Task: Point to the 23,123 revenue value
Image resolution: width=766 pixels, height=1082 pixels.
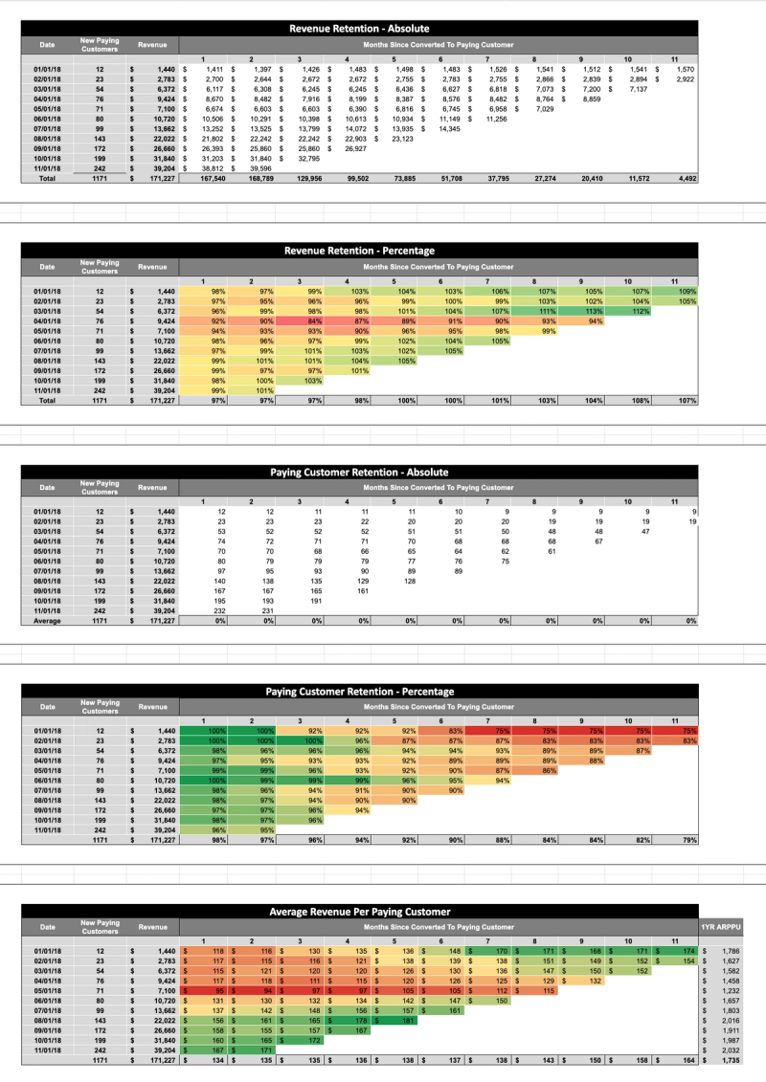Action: pos(399,139)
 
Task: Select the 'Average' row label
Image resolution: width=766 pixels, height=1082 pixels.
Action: pos(48,621)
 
